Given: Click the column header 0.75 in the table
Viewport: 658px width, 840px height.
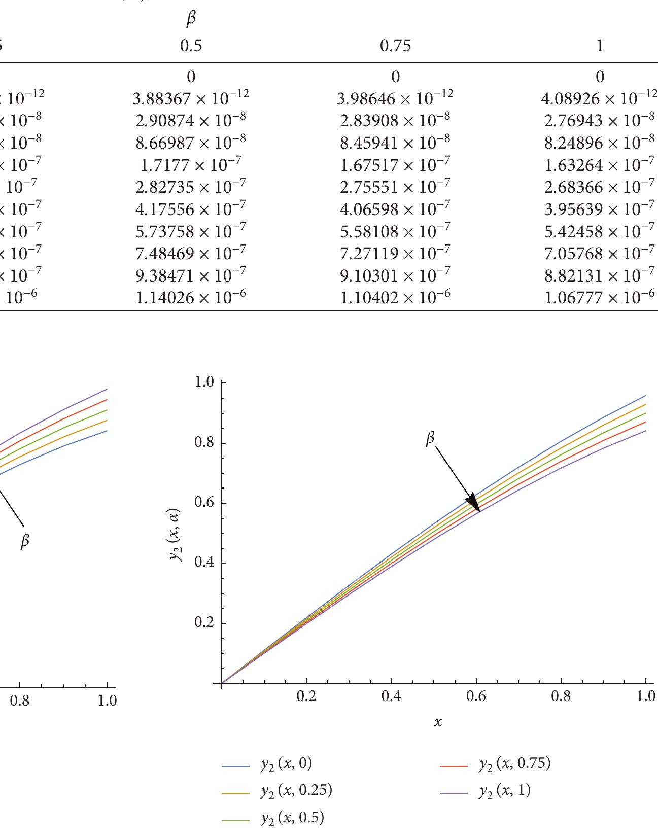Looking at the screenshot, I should (x=395, y=46).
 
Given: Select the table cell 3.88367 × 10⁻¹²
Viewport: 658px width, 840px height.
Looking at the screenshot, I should (x=191, y=98).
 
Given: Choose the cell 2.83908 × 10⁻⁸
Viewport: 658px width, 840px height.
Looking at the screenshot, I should (x=395, y=120).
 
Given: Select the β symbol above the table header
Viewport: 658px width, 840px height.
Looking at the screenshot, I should (x=191, y=19).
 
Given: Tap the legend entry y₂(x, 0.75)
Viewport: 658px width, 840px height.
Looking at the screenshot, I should (x=514, y=764).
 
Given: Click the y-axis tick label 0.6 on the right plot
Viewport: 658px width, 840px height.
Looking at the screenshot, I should (x=205, y=503).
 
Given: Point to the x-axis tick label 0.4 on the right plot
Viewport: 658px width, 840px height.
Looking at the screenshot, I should (x=391, y=696).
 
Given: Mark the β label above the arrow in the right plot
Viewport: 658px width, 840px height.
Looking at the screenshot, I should (x=430, y=439).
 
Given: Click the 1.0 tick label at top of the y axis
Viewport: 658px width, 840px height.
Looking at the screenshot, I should (x=205, y=382).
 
